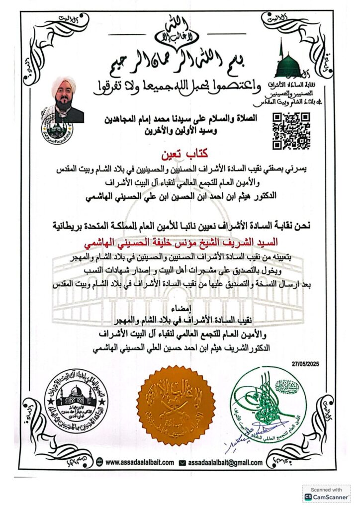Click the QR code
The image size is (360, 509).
(x=291, y=131)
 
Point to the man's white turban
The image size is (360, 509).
(x=64, y=85)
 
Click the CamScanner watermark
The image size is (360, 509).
(x=326, y=494)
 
